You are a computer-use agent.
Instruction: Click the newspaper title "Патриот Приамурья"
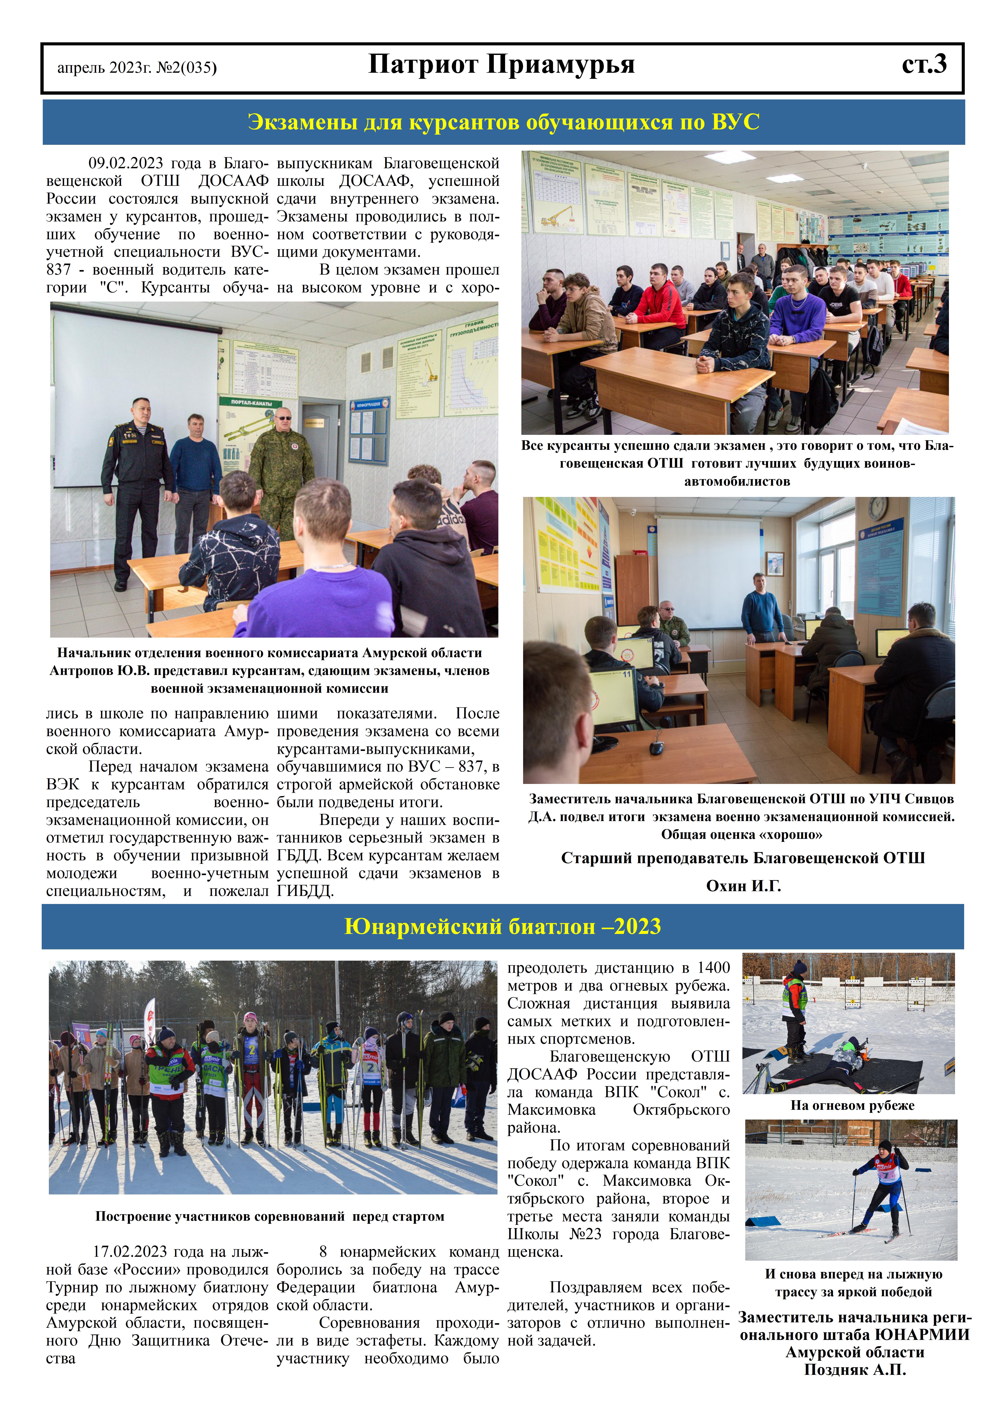[502, 64]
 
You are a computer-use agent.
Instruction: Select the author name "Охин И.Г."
[743, 886]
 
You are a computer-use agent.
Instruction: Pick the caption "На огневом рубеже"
[852, 1105]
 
